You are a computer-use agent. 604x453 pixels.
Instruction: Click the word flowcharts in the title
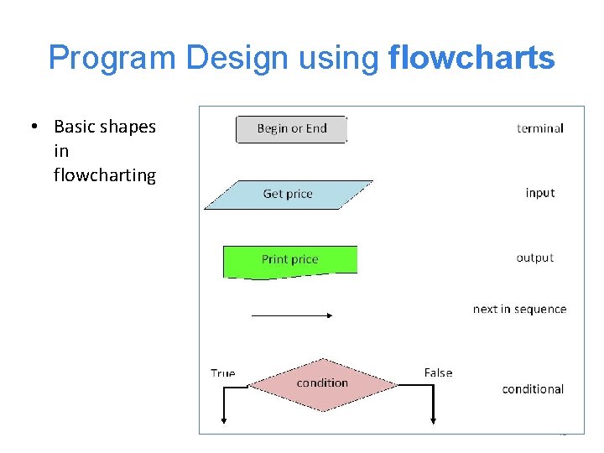pyautogui.click(x=471, y=59)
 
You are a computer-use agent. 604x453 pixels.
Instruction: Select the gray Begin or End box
pyautogui.click(x=291, y=129)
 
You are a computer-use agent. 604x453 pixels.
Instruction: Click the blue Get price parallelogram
pyautogui.click(x=288, y=194)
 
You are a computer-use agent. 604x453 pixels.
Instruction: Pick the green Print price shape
pyautogui.click(x=289, y=260)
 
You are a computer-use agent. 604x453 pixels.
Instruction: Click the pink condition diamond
pyautogui.click(x=322, y=384)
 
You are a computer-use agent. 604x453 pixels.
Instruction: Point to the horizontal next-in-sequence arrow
pyautogui.click(x=293, y=315)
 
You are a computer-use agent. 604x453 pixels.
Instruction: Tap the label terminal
pyautogui.click(x=539, y=128)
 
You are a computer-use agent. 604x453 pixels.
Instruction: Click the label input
pyautogui.click(x=539, y=193)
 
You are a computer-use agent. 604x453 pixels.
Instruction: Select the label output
pyautogui.click(x=535, y=258)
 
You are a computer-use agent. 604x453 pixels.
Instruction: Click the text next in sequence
pyautogui.click(x=519, y=310)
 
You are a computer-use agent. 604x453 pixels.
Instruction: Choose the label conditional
pyautogui.click(x=533, y=389)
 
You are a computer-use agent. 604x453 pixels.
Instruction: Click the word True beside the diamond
pyautogui.click(x=222, y=373)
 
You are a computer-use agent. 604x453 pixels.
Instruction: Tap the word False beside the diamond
pyautogui.click(x=438, y=373)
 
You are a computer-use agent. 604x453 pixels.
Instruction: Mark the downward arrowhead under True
pyautogui.click(x=225, y=419)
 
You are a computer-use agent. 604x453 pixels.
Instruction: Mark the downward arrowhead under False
pyautogui.click(x=432, y=419)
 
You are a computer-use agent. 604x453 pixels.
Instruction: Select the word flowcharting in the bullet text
pyautogui.click(x=104, y=175)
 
